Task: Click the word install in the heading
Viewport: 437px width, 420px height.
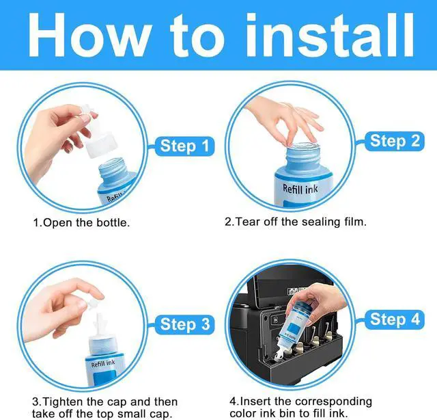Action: click(x=329, y=36)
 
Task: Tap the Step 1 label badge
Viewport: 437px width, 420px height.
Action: click(x=184, y=146)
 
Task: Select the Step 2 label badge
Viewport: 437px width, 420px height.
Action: click(x=395, y=141)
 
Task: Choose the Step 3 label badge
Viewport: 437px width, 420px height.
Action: click(x=184, y=324)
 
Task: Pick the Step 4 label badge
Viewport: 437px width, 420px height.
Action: click(x=395, y=319)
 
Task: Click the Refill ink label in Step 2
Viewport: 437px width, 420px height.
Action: click(x=300, y=189)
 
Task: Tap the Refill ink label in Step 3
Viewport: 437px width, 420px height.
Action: click(x=103, y=364)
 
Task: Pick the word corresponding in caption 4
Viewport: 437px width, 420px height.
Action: click(x=333, y=402)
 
